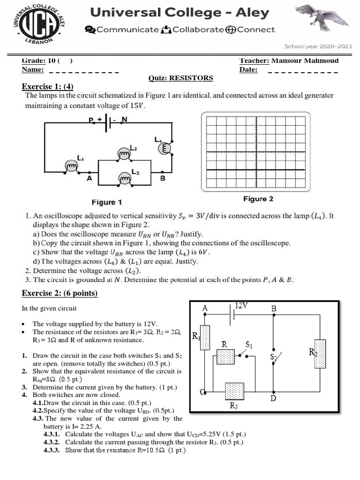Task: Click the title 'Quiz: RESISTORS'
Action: click(x=180, y=78)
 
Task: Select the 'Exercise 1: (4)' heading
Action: click(x=48, y=87)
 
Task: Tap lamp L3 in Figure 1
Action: click(x=125, y=179)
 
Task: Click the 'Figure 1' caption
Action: click(x=106, y=202)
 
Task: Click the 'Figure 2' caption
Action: click(x=258, y=199)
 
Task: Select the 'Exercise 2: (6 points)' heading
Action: click(x=60, y=293)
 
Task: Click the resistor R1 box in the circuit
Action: click(x=205, y=337)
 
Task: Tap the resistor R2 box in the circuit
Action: click(x=321, y=354)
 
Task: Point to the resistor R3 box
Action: click(x=234, y=391)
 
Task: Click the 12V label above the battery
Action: click(x=242, y=306)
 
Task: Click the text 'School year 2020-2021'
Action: click(x=318, y=46)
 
